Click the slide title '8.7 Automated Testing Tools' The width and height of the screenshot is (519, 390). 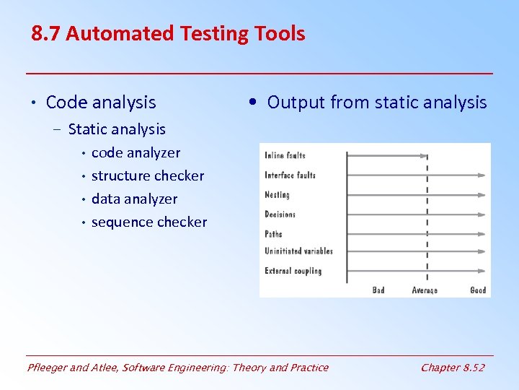168,33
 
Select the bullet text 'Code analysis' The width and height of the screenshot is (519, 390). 100,103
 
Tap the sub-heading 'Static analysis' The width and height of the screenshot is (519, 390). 117,129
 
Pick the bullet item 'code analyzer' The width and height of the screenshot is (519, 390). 136,152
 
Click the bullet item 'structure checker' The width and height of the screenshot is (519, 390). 148,175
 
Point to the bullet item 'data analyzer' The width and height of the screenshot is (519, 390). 134,199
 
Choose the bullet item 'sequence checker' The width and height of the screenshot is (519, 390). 149,222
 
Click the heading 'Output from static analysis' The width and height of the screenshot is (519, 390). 377,103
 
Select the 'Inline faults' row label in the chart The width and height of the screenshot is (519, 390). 285,155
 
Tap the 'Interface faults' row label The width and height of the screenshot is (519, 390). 290,175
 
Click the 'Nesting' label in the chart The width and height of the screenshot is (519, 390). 277,194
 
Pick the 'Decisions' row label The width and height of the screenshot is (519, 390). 280,214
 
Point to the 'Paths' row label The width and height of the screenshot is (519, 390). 273,233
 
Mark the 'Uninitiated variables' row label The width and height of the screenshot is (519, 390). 298,251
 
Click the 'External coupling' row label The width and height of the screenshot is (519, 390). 293,271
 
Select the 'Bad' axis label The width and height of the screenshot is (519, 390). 378,290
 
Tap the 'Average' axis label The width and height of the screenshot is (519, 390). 425,290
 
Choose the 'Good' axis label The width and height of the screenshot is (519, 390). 478,290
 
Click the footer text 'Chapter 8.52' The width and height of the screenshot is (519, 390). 452,368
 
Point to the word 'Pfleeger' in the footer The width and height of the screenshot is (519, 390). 48,368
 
